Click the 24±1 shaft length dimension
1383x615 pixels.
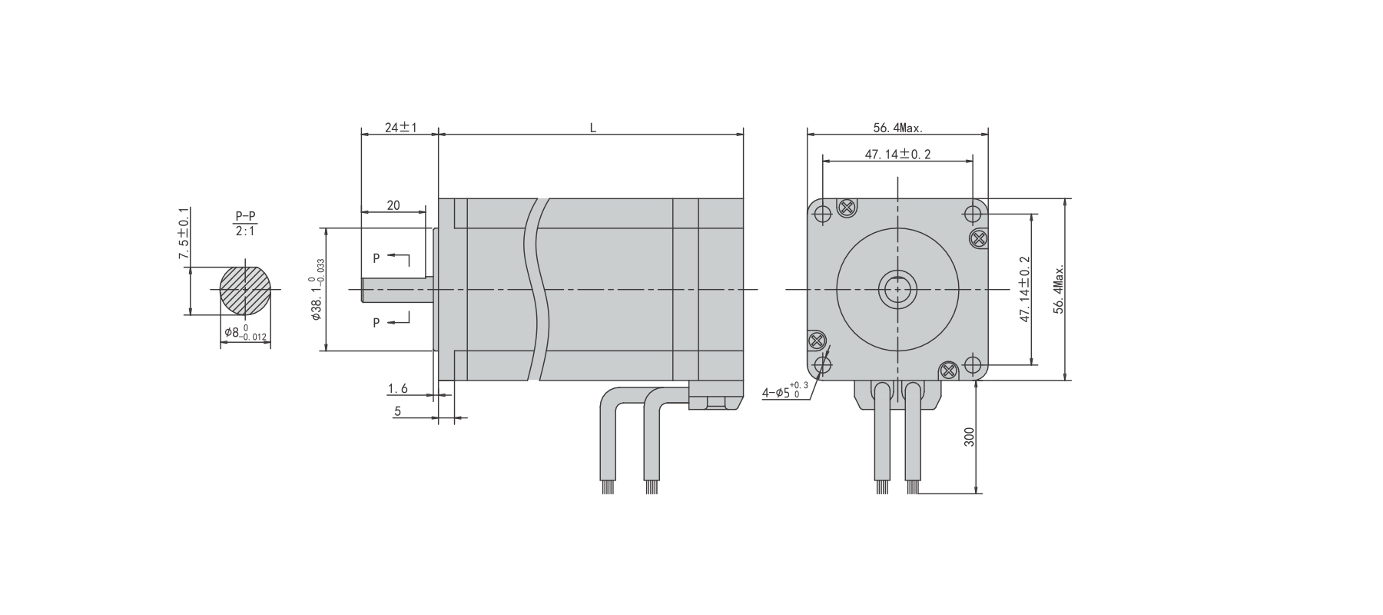point(400,128)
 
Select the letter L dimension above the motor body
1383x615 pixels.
point(592,128)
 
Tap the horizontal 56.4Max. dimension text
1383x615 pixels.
point(897,128)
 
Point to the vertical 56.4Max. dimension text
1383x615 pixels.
point(1059,290)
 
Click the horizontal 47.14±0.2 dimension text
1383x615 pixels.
point(897,155)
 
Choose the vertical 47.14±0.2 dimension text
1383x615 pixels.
point(1025,289)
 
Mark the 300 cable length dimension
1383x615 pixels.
point(969,437)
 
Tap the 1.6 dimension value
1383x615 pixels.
point(397,389)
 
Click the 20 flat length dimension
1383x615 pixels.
point(393,205)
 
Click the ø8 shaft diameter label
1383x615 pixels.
point(244,333)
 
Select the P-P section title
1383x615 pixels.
point(245,216)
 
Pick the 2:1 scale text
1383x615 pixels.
point(245,230)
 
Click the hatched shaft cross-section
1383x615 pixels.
point(245,290)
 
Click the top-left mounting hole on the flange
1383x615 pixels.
point(822,213)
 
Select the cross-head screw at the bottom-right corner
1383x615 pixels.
point(949,371)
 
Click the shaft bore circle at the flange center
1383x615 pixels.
point(897,290)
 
